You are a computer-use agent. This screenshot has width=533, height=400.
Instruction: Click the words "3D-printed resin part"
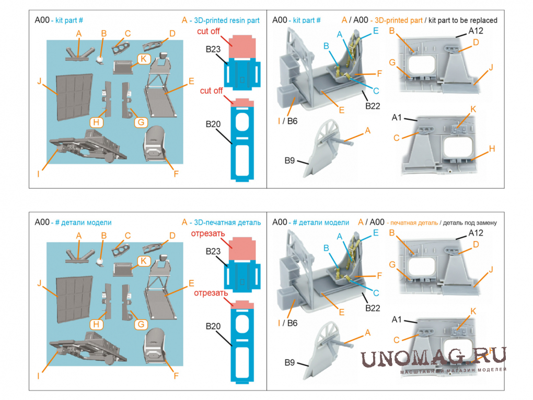(226, 20)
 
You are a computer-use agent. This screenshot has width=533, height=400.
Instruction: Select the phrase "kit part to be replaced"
(462, 20)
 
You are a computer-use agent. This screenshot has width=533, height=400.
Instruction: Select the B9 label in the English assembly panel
(291, 160)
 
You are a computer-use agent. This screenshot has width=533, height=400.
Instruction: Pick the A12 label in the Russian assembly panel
(476, 232)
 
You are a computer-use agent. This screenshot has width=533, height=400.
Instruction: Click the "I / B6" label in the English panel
(287, 121)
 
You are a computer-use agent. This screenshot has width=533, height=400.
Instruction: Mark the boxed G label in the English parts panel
(140, 122)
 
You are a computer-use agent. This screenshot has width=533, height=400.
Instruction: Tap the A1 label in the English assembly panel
(397, 118)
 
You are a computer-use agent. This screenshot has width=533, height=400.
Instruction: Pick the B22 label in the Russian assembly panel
(372, 308)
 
